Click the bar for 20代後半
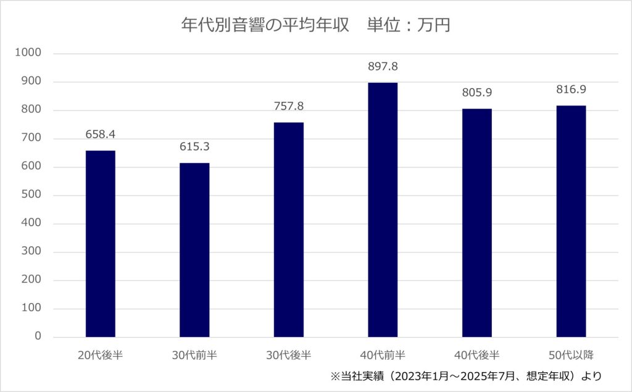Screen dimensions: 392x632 click(100, 244)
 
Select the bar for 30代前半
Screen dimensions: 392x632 click(194, 250)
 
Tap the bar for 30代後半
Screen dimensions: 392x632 click(288, 230)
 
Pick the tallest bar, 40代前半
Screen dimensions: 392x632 click(383, 210)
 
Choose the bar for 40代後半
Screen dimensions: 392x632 click(477, 223)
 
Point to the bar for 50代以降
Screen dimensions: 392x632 click(571, 221)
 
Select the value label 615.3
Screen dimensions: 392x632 click(194, 147)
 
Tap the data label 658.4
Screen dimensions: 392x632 click(100, 135)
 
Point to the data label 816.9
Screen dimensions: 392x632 click(571, 90)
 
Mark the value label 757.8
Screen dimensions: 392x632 click(288, 106)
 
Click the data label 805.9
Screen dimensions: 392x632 click(477, 93)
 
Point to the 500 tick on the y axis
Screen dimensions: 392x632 click(33, 195)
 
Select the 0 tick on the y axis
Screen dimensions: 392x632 click(38, 337)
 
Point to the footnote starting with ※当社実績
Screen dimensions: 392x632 click(466, 375)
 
